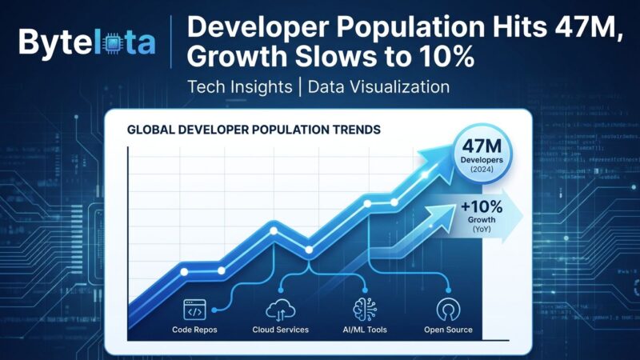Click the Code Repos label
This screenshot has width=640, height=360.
[195, 330]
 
